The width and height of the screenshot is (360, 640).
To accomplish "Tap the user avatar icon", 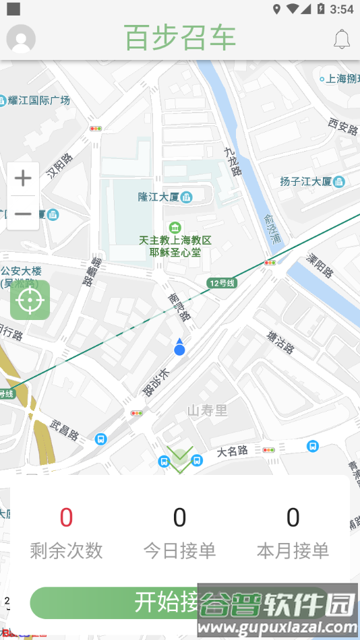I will (x=21, y=39).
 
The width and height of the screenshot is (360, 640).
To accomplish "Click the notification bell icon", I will (x=342, y=39).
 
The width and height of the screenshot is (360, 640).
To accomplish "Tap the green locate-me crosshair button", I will (x=30, y=300).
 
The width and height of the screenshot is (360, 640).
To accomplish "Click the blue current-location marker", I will (x=179, y=348).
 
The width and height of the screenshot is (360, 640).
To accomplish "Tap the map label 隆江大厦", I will (x=158, y=197).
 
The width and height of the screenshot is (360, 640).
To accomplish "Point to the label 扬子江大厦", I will (x=306, y=181).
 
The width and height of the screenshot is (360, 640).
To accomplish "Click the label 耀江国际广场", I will (x=39, y=100).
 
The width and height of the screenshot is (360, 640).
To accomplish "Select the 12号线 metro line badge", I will (x=221, y=283).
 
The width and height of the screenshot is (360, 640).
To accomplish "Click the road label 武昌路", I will (x=65, y=429).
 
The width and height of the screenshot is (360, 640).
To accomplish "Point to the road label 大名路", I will (x=233, y=451).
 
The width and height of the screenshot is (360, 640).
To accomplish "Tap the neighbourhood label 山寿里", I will (x=207, y=410).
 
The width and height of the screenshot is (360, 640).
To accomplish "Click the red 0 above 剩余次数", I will (x=66, y=517).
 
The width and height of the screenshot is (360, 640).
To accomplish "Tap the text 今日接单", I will (x=179, y=550).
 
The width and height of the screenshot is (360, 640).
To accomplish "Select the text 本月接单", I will (x=293, y=550).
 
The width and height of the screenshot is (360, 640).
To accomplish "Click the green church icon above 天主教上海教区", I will (x=175, y=227).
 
